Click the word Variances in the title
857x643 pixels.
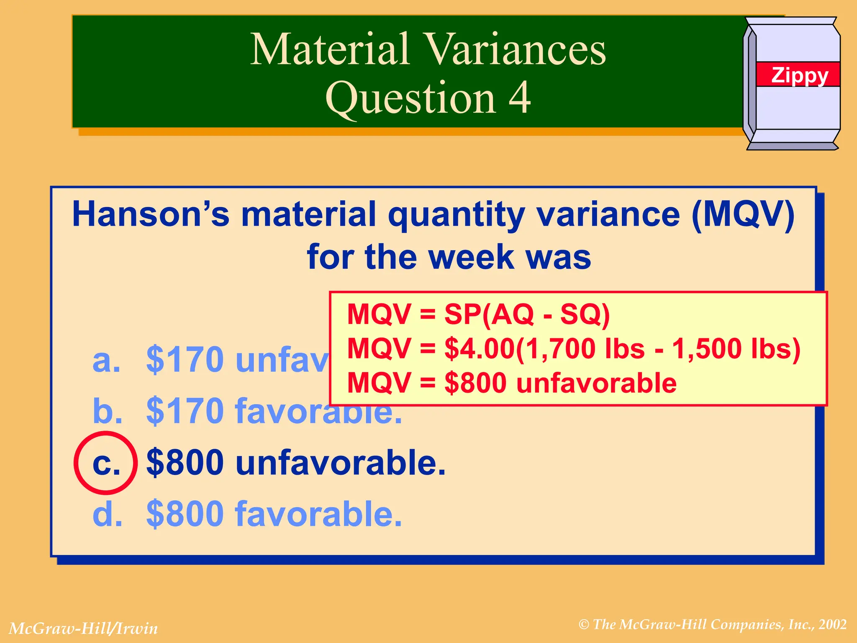[515, 49]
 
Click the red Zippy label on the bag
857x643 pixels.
[798, 75]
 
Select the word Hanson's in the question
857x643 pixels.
[151, 214]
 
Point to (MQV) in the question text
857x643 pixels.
[743, 214]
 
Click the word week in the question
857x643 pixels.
[471, 257]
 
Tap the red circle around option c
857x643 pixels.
[105, 463]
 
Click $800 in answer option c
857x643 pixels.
[185, 463]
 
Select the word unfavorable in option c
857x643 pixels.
[340, 463]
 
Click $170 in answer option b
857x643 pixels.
[185, 411]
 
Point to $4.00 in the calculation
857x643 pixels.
[479, 349]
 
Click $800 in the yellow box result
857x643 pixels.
[475, 383]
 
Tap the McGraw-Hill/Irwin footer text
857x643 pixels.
[83, 628]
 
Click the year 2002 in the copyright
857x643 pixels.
[833, 625]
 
